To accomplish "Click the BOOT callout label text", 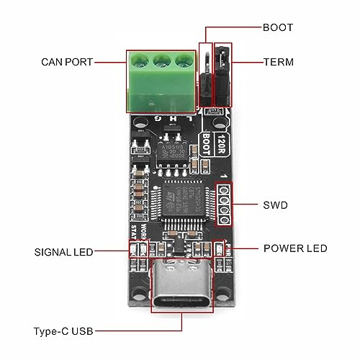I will (x=278, y=27).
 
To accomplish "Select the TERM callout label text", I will (x=278, y=62).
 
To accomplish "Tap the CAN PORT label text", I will (x=67, y=62).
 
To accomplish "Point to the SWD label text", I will (x=275, y=204).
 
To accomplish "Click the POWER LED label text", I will (x=294, y=248).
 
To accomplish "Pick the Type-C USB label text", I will (x=63, y=332).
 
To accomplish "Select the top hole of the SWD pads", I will (x=225, y=189).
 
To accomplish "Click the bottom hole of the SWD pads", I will (x=225, y=220).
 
